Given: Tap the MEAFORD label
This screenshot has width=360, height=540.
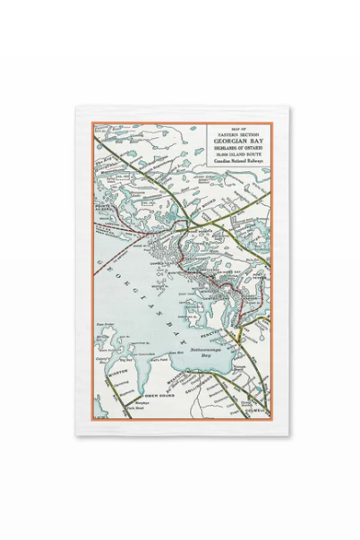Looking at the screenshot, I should pos(171,381).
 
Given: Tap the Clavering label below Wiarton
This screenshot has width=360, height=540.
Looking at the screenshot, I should pos(123,383).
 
